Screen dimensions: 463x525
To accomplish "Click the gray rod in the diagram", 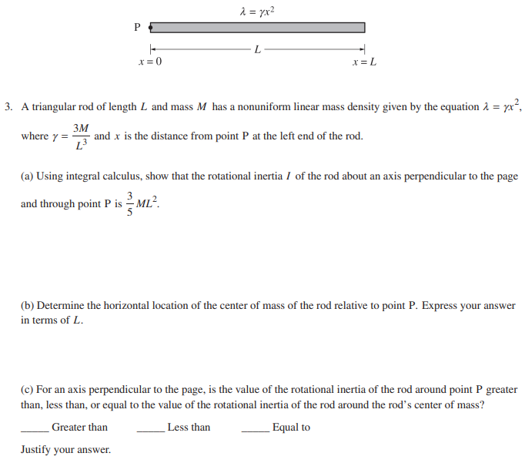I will click(x=257, y=28).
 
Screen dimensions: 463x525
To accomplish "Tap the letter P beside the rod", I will click(x=137, y=28).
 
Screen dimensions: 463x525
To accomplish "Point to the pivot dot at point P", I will click(x=151, y=28).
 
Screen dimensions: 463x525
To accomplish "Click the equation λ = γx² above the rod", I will click(x=257, y=10).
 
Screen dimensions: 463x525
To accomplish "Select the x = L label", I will click(x=364, y=62).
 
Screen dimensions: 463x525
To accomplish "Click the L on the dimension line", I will click(x=257, y=50).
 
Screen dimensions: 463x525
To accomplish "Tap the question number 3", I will click(x=7, y=107).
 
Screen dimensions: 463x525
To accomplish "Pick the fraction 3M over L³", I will click(x=81, y=136).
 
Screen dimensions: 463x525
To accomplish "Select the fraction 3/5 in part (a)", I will click(x=130, y=204).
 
